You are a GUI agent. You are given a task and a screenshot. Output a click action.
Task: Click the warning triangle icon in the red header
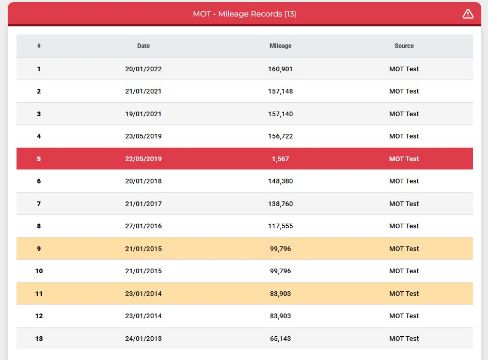(468, 14)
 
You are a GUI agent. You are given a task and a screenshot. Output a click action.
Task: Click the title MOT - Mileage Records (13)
(244, 14)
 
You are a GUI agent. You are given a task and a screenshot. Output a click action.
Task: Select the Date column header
(143, 46)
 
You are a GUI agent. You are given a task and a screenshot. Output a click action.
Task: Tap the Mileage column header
(280, 46)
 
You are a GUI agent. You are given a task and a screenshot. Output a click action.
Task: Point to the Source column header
(404, 46)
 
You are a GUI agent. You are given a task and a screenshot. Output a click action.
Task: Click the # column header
(39, 46)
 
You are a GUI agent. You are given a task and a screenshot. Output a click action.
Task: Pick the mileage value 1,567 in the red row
(280, 159)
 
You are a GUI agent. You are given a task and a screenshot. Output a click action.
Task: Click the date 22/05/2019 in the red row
(143, 159)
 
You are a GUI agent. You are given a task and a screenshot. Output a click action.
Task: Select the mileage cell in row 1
(280, 69)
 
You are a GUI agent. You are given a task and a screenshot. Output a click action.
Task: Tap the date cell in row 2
(143, 91)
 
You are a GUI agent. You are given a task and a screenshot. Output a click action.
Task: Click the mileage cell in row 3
(280, 114)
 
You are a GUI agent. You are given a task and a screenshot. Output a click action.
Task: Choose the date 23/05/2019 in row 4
(143, 136)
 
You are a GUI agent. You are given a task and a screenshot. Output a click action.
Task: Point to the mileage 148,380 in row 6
(280, 181)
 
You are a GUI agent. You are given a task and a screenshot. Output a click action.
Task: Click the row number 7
(39, 204)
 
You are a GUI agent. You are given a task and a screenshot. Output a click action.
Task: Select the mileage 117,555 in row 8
(280, 226)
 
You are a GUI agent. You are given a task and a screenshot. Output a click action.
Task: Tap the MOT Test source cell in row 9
(404, 249)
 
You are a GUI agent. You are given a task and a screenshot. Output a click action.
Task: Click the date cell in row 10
(143, 271)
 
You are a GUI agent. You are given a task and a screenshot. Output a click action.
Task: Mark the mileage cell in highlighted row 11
(280, 294)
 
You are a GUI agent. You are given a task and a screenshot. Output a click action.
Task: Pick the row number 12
(39, 316)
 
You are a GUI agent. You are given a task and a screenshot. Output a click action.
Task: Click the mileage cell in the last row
(280, 339)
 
